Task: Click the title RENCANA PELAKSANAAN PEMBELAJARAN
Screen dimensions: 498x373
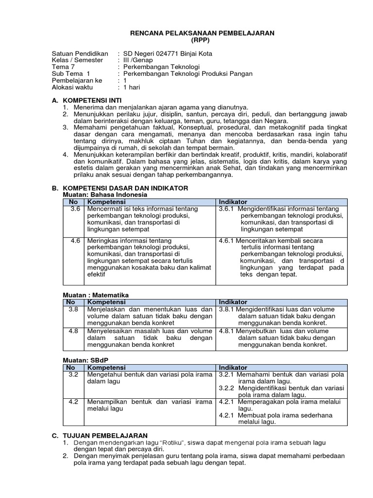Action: point(202,33)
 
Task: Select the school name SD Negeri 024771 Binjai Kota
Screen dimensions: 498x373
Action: point(168,53)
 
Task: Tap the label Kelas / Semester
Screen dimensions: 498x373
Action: point(77,60)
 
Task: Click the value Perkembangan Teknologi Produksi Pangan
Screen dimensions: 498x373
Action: point(188,73)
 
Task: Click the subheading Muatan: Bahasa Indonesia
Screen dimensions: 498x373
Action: point(105,195)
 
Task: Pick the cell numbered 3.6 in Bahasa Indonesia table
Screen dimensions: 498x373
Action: point(74,209)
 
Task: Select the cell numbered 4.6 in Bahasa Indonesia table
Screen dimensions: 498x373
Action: point(74,241)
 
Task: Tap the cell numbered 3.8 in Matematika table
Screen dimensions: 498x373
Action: point(74,309)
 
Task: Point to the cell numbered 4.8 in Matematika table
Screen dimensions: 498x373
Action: point(74,331)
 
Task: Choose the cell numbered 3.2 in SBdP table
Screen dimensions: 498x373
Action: point(74,374)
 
